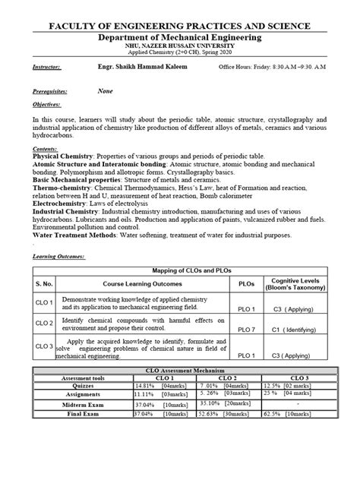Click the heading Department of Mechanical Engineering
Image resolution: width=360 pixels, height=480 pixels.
180,36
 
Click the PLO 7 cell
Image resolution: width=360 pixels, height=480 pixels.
246,329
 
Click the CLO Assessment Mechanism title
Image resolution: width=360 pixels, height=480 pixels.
180,370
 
